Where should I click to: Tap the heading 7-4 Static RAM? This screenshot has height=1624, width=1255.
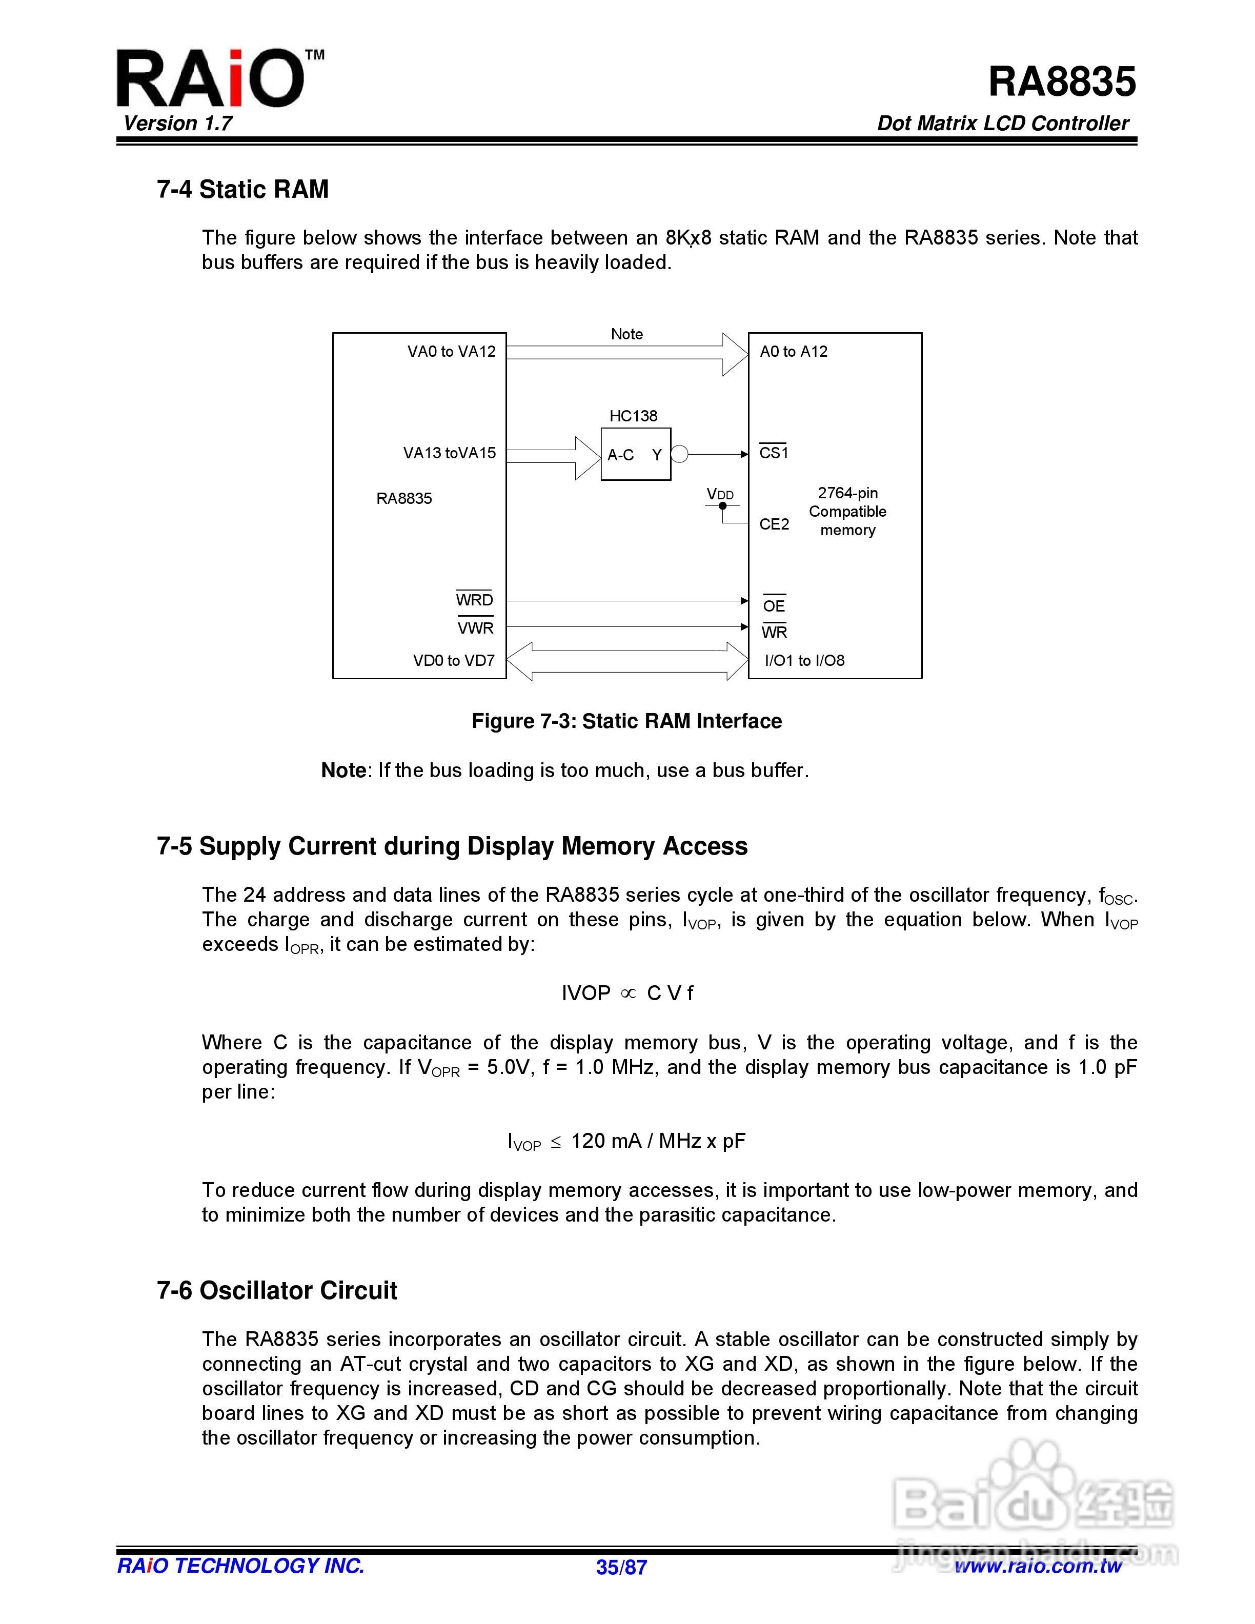pos(242,190)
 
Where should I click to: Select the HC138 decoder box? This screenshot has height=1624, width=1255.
pos(636,454)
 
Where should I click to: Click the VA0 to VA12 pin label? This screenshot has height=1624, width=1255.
pos(451,352)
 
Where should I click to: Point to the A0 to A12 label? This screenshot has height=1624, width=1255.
pos(793,352)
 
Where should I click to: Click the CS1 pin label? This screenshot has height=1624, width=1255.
pos(773,453)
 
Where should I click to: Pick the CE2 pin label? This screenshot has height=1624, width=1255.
pos(773,524)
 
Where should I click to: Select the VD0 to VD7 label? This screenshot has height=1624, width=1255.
pos(454,660)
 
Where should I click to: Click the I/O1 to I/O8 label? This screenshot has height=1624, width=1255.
pos(804,660)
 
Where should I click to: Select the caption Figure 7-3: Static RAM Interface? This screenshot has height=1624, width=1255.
pos(627,721)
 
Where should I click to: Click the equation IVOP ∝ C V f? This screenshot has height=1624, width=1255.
pos(627,993)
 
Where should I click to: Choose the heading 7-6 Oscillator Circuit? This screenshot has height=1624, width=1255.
pos(276,1290)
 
